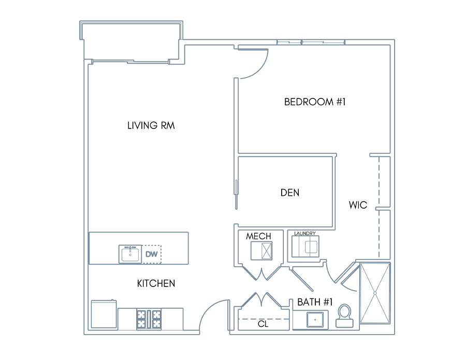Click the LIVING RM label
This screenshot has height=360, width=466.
[151, 125]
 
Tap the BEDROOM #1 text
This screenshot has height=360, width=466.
[315, 102]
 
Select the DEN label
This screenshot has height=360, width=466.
[290, 193]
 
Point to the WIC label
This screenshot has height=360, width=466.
[358, 205]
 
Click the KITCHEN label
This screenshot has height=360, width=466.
[156, 283]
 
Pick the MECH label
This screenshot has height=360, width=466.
[258, 236]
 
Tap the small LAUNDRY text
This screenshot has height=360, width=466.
[305, 234]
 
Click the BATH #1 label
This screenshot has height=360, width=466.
[315, 302]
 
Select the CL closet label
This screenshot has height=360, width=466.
[263, 324]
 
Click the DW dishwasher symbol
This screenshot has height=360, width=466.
[152, 254]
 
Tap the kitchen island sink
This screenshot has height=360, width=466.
[130, 254]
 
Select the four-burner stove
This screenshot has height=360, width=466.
[149, 319]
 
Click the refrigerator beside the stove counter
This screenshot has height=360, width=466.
[104, 314]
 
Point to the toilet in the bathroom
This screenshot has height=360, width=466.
[345, 315]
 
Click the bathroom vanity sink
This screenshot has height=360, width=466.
[315, 320]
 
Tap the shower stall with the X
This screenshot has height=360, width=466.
[375, 293]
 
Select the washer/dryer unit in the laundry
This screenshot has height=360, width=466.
[305, 247]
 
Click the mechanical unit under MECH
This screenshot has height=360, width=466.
[261, 251]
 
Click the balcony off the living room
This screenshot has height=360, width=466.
[131, 41]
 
